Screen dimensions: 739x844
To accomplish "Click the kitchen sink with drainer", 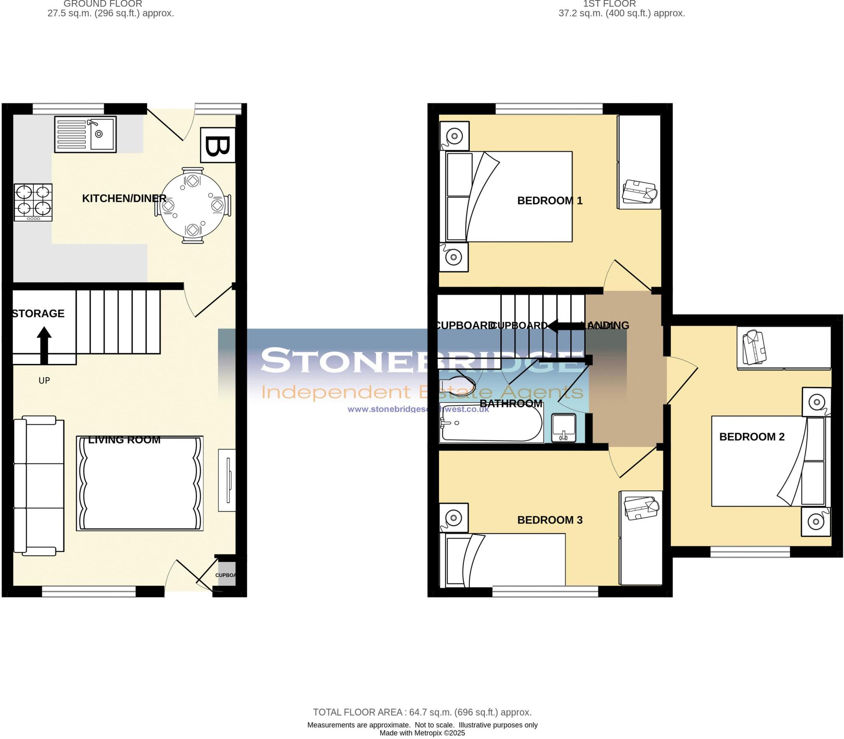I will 85,134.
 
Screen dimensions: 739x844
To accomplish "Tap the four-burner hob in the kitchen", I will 33,202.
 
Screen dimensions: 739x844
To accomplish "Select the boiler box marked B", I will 218,145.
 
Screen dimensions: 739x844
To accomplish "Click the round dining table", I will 192,205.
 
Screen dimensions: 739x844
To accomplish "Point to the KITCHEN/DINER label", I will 124,198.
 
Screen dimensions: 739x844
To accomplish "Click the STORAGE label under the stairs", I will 38,313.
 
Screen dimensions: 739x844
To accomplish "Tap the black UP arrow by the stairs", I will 44,345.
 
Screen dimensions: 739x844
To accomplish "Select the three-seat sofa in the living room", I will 39,486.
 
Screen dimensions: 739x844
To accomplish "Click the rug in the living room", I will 140,483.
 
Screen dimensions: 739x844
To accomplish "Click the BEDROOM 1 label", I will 550,200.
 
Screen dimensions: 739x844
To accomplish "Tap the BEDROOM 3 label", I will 550,520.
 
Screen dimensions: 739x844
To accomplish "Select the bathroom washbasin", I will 564,428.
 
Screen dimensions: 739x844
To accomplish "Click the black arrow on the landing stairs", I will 567,326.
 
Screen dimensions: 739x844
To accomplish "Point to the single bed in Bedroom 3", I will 502,560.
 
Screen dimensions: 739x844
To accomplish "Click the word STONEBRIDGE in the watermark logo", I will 420,360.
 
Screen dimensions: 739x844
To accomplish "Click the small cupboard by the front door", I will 225,574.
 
